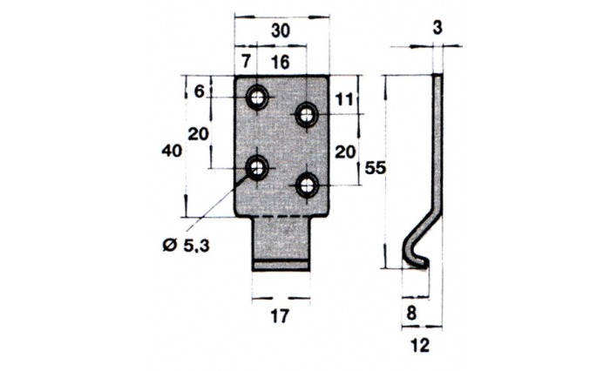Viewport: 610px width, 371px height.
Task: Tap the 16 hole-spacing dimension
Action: tap(281, 62)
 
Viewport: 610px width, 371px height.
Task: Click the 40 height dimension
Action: tap(171, 151)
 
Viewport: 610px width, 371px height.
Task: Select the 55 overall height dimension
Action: tap(375, 168)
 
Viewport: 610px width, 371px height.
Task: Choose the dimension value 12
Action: tap(419, 346)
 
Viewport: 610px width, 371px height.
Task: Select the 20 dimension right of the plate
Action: tap(344, 151)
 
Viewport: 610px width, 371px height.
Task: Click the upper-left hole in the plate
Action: tap(257, 98)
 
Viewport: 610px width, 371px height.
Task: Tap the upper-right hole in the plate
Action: tap(306, 114)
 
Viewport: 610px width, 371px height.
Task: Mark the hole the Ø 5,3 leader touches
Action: tap(257, 168)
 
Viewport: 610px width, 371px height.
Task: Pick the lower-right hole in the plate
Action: tap(306, 185)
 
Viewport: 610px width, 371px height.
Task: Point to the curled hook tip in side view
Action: tap(416, 259)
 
